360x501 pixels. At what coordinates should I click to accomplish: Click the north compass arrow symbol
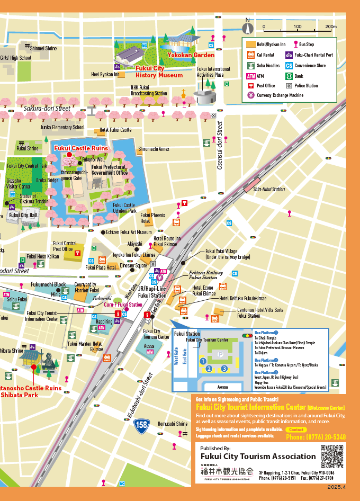click(x=247, y=26)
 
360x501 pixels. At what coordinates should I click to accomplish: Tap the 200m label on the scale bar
click(x=330, y=26)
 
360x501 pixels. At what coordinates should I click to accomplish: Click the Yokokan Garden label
click(x=184, y=55)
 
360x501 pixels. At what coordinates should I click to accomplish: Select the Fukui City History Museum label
click(x=159, y=72)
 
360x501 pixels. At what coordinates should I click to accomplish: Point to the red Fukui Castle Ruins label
click(x=80, y=148)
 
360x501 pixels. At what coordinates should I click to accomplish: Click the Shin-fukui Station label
click(x=265, y=189)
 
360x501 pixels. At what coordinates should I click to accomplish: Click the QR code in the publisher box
click(x=331, y=455)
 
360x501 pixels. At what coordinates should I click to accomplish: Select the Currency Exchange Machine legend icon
click(x=250, y=95)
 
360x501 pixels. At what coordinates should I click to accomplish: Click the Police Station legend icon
click(x=289, y=85)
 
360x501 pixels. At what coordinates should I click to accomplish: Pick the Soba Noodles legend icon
click(x=250, y=66)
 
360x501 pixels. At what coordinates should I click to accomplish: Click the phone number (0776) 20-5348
click(x=316, y=437)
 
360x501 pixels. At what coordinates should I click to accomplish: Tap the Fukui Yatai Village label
click(x=221, y=254)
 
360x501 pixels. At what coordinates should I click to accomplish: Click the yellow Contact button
click(x=296, y=430)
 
